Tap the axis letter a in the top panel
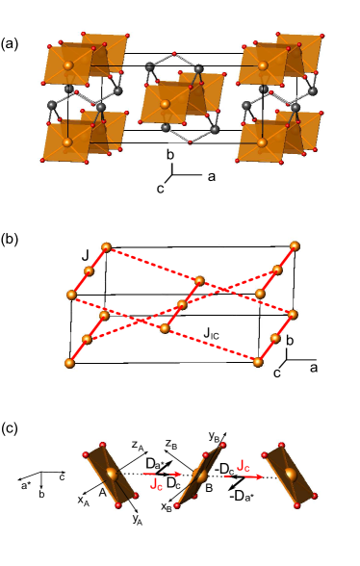(212, 176)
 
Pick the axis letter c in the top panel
(160, 188)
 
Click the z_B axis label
(170, 445)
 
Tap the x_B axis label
(167, 506)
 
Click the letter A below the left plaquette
(101, 489)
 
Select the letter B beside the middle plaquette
(211, 488)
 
